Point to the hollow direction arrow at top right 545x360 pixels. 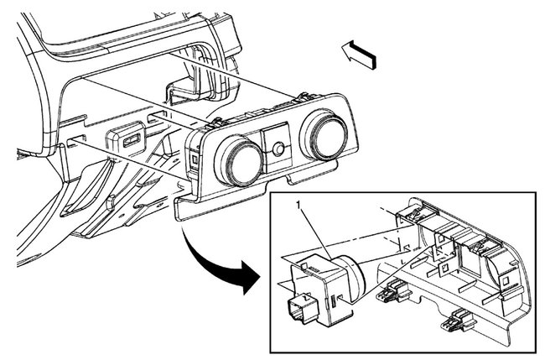click(361, 56)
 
